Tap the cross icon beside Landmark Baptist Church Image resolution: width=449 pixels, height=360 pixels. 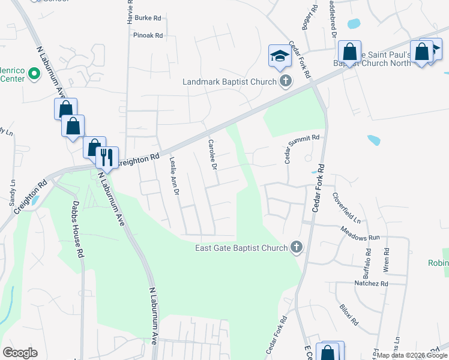point(286,81)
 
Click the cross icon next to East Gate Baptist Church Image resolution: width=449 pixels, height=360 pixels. point(296,247)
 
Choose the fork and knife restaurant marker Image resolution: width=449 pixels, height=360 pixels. point(107,157)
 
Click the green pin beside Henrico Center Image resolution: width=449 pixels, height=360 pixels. point(34,74)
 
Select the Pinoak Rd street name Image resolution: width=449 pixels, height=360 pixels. point(148,35)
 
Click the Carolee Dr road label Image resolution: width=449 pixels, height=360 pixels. point(212,154)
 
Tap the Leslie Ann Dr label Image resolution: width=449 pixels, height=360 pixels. point(174,176)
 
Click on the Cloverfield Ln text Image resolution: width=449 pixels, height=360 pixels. point(351,207)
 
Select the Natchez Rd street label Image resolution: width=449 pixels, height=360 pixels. point(372,283)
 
